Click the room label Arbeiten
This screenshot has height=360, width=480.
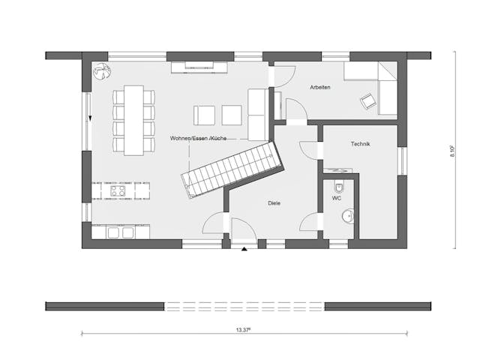point(320,88)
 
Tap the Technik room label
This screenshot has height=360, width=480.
point(361,144)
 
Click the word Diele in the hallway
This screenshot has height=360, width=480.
point(274,203)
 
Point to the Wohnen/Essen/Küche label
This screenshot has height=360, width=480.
point(198,139)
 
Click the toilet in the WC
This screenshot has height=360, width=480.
point(340,187)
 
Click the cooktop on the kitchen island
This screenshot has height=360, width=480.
point(118,190)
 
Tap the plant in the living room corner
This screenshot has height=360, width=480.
point(100,70)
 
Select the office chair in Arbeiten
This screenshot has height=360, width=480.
point(368,100)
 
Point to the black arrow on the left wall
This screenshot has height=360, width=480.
point(89,118)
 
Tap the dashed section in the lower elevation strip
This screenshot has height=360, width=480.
point(244,306)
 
